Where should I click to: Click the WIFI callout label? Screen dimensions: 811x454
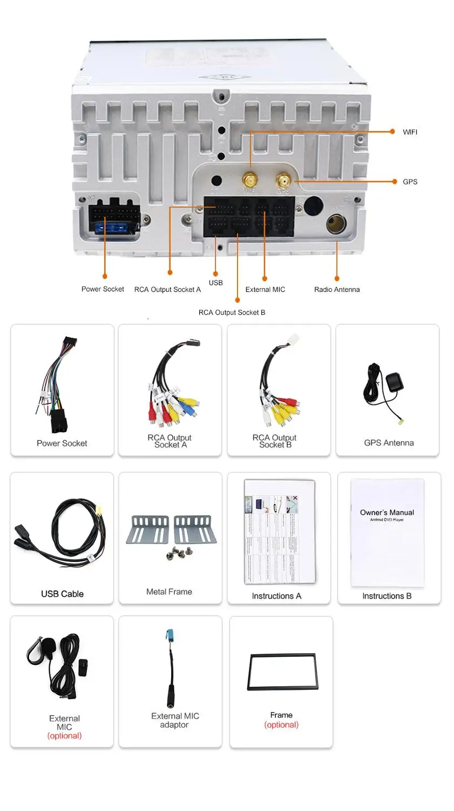click(x=410, y=132)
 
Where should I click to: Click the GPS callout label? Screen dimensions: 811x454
click(x=410, y=182)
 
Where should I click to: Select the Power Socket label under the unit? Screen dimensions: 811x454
click(x=103, y=289)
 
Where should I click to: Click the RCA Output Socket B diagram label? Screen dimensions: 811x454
click(x=232, y=313)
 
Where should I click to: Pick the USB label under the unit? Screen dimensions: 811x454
click(x=215, y=283)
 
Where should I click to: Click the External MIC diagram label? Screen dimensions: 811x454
click(x=265, y=290)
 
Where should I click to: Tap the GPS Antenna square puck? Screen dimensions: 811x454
click(x=392, y=382)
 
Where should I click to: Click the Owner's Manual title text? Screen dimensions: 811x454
click(x=387, y=513)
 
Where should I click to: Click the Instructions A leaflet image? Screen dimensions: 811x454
click(x=279, y=531)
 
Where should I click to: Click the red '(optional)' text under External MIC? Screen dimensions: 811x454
click(x=64, y=736)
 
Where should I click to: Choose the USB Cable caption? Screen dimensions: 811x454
click(x=62, y=594)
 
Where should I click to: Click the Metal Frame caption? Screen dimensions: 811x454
click(x=169, y=592)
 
